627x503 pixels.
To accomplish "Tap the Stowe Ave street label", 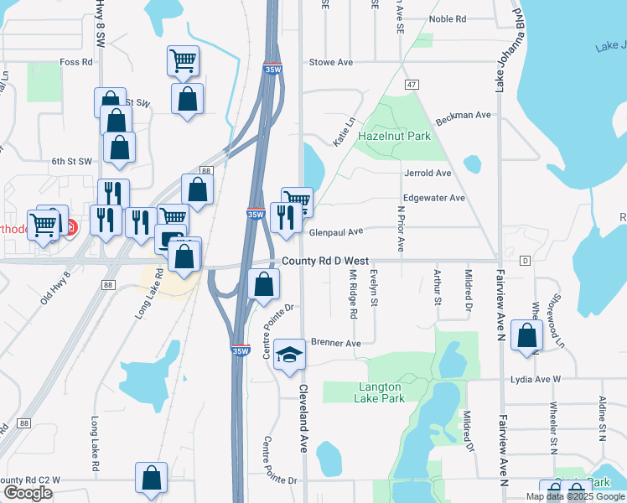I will pos(331,62).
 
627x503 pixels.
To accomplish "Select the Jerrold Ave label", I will pos(427,173).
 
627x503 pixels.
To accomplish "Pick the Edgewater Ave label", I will pos(434,198).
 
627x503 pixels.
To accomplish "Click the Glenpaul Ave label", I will pos(336,231).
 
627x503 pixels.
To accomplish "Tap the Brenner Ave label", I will pos(335,343).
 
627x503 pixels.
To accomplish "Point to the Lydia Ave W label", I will pos(535,380).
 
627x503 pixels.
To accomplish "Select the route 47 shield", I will pos(411,85).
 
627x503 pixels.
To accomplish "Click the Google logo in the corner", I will pos(28,493).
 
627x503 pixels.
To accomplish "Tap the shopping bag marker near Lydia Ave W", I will pos(527,335).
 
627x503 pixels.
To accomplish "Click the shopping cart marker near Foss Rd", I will pos(184,60).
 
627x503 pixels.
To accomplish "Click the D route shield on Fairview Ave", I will pos(525,261).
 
